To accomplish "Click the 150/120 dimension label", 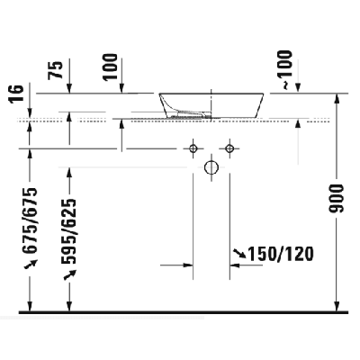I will [x=281, y=255].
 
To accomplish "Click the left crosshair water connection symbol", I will [x=193, y=146].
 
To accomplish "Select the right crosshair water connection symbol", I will [x=229, y=146].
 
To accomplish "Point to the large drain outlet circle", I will [x=211, y=167].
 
